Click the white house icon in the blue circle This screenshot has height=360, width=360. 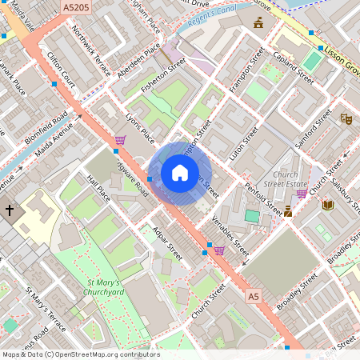(180, 173)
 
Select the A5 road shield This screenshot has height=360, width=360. (254, 297)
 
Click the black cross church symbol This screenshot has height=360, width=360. (10, 210)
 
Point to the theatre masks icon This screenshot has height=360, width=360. (346, 118)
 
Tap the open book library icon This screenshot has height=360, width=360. (328, 205)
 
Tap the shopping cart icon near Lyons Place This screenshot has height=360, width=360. (119, 140)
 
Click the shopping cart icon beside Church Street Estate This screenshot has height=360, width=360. (302, 193)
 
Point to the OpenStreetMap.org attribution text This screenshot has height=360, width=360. (80, 354)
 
